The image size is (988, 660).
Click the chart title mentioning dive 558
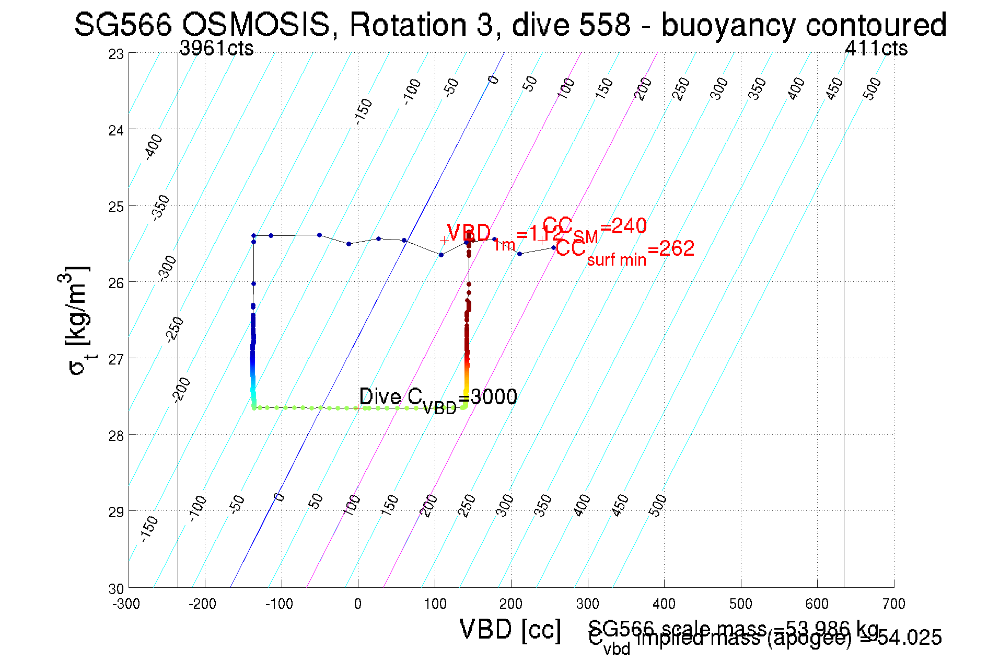coord(510,25)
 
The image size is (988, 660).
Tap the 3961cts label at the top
coord(216,48)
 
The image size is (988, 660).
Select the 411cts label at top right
coord(876,48)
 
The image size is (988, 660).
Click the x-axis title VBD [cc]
coord(510,629)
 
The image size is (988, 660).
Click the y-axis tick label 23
coord(116,54)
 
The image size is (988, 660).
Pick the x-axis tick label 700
coord(893,604)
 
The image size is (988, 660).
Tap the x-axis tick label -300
coord(126,604)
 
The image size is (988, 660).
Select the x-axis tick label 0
coord(357,604)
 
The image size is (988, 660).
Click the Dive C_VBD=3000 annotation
coord(438,399)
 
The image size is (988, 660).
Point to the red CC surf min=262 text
coord(624,251)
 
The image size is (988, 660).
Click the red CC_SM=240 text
coord(595,228)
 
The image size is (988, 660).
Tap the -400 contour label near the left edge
coord(153,147)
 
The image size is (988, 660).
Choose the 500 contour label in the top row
coord(871,88)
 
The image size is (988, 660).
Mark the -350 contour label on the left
coord(160,208)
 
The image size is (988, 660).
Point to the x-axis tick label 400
coord(664,604)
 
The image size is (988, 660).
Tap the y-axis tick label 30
coord(116,589)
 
